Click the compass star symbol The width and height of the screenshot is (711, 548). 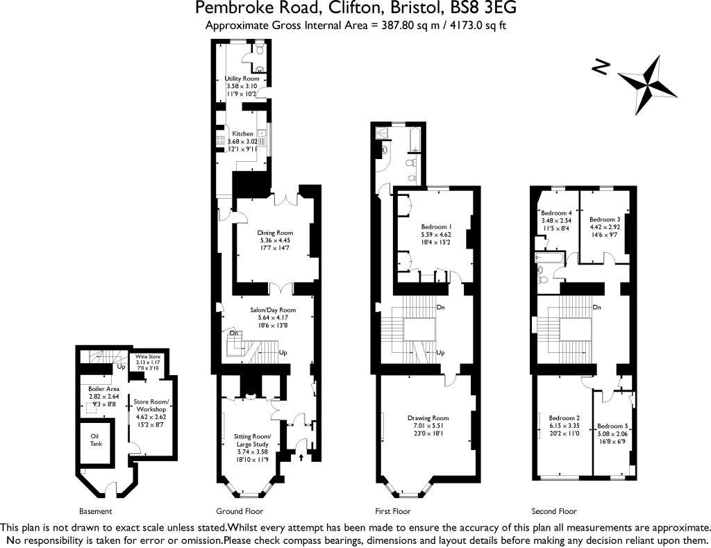pyautogui.click(x=648, y=84)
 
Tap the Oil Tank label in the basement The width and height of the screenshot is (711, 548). pyautogui.click(x=95, y=440)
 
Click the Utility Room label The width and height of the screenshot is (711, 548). pyautogui.click(x=242, y=79)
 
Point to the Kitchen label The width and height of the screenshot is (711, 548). pyautogui.click(x=242, y=133)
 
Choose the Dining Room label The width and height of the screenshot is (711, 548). pyautogui.click(x=276, y=233)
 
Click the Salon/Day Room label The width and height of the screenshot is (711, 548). pyautogui.click(x=273, y=310)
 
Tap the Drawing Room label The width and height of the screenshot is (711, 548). pyautogui.click(x=428, y=418)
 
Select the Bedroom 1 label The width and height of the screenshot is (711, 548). pyautogui.click(x=436, y=227)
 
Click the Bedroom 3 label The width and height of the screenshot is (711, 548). pyautogui.click(x=604, y=219)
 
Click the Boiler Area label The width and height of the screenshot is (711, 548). pyautogui.click(x=103, y=388)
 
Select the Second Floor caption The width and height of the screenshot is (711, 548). pyautogui.click(x=553, y=511)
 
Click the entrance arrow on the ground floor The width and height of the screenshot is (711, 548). pyautogui.click(x=301, y=457)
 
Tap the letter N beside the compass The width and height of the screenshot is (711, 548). pyautogui.click(x=601, y=67)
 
